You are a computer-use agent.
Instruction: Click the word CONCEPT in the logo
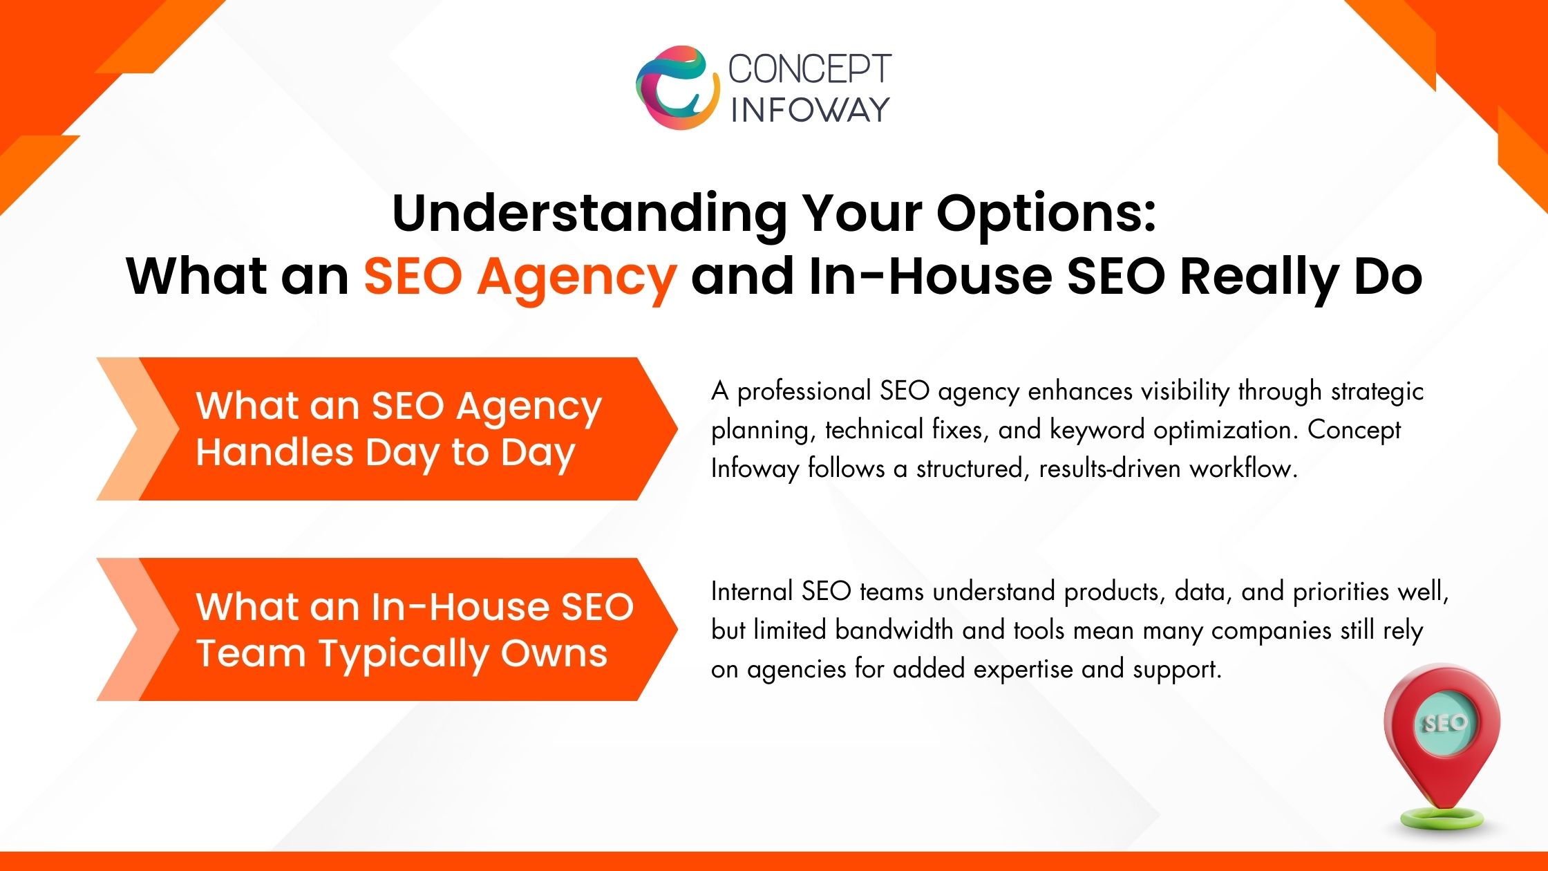(x=809, y=69)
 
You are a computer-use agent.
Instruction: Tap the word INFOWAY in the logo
(x=810, y=110)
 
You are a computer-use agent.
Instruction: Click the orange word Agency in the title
(x=576, y=277)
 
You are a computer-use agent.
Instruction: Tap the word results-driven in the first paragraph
(x=1109, y=469)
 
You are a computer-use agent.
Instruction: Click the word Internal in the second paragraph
(x=751, y=592)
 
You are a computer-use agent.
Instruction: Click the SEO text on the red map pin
(x=1444, y=723)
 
